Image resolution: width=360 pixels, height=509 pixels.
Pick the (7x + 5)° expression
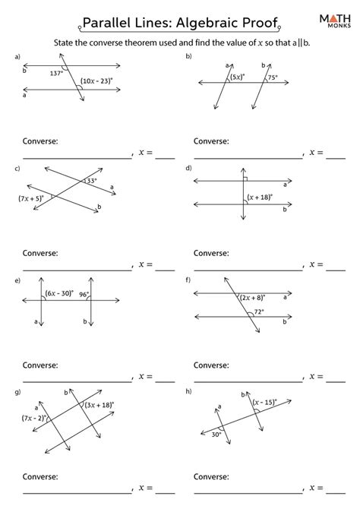tap(32, 198)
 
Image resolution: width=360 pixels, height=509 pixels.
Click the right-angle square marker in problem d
tap(247, 179)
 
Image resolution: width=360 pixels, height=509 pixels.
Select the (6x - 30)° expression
tap(59, 292)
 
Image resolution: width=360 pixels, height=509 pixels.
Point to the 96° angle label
tap(83, 295)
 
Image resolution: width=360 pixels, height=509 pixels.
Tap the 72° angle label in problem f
tap(260, 311)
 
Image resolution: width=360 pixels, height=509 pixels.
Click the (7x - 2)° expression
tap(36, 417)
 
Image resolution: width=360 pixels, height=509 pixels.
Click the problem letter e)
tap(17, 280)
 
